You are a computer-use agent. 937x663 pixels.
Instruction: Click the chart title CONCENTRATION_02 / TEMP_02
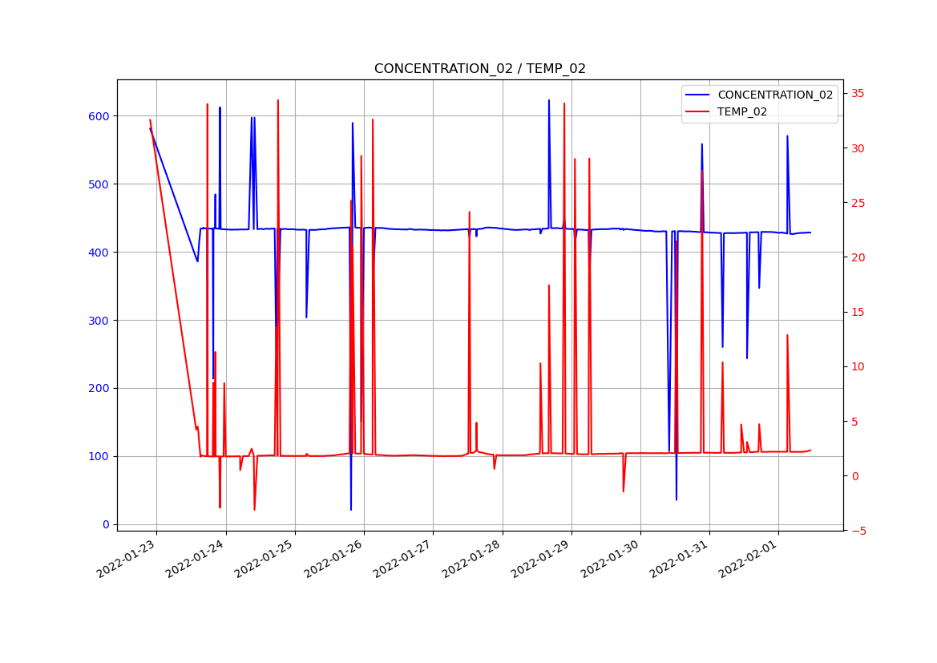click(x=479, y=69)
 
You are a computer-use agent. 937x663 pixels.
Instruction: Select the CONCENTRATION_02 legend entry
click(x=774, y=95)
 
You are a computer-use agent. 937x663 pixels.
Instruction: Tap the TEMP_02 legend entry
click(x=741, y=111)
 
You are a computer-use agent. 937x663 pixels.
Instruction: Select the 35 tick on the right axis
click(x=857, y=94)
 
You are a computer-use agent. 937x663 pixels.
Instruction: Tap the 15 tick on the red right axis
click(x=857, y=312)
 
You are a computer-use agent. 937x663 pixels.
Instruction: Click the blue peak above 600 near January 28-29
click(x=549, y=100)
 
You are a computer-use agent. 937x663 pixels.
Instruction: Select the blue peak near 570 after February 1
click(x=787, y=136)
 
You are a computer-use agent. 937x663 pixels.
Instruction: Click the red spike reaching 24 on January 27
click(x=469, y=212)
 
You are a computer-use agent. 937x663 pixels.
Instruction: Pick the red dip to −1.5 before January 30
click(x=623, y=491)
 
